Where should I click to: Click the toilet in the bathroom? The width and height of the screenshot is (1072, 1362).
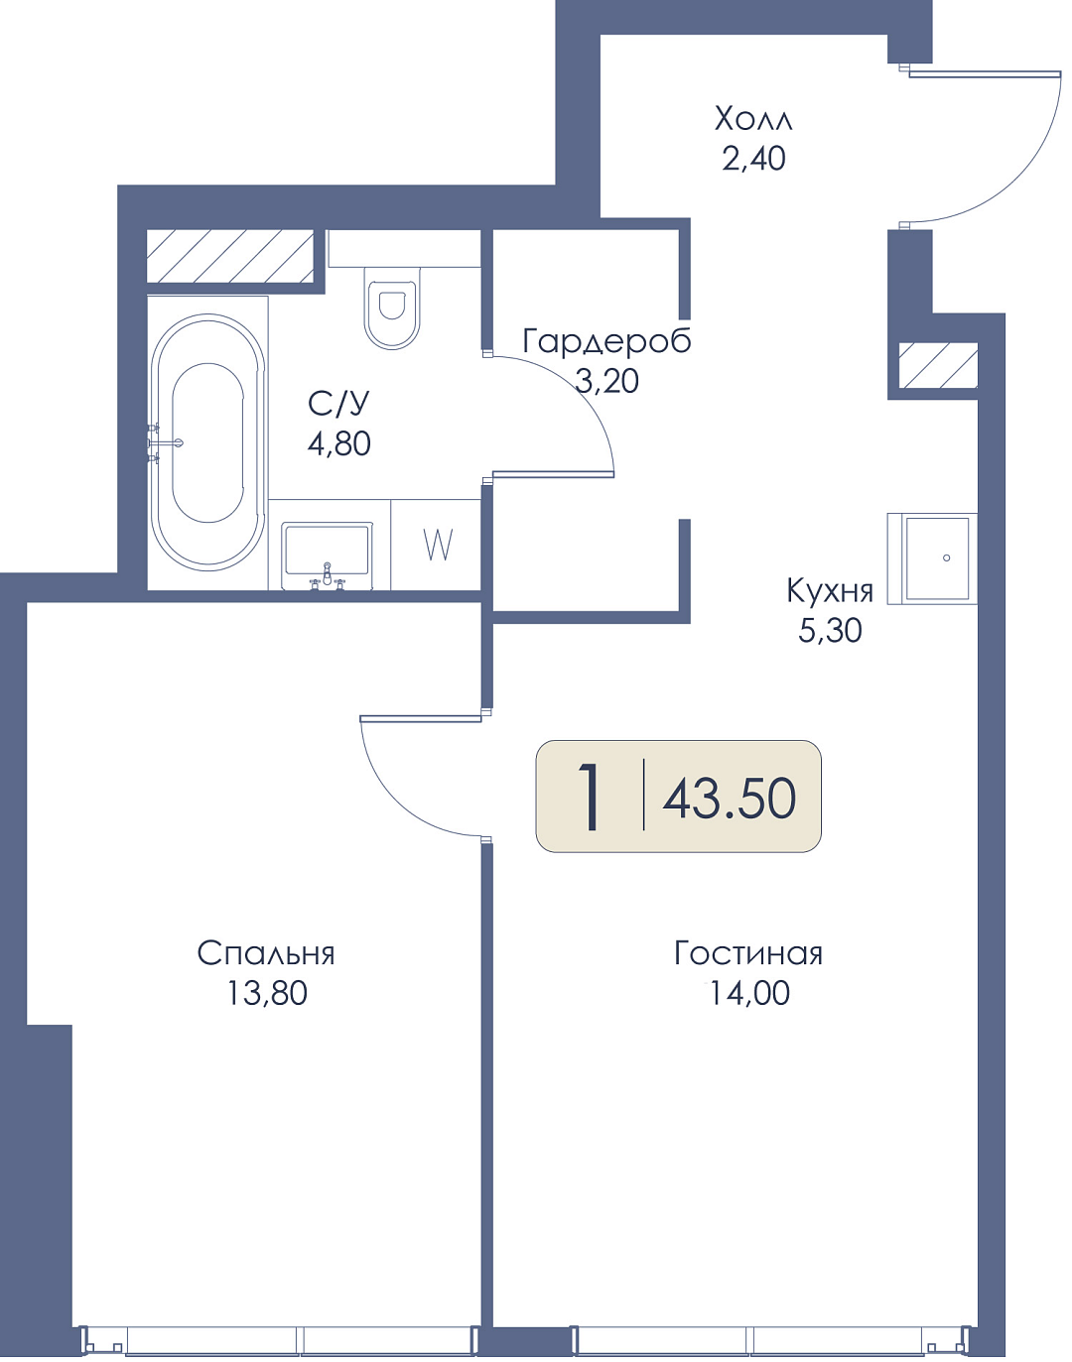pyautogui.click(x=393, y=308)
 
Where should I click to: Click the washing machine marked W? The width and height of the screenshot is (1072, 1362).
pyautogui.click(x=437, y=545)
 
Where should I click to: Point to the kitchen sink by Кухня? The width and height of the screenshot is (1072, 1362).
pyautogui.click(x=933, y=558)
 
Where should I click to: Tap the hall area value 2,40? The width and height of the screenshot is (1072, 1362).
pyautogui.click(x=753, y=159)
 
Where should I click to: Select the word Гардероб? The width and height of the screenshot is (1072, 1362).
pyautogui.click(x=606, y=342)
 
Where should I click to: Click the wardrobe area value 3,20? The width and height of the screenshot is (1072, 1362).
pyautogui.click(x=606, y=381)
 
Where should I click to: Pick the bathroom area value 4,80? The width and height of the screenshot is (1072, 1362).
pyautogui.click(x=338, y=443)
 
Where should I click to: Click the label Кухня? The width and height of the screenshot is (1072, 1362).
pyautogui.click(x=830, y=590)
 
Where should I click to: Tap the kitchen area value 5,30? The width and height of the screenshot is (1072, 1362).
pyautogui.click(x=830, y=630)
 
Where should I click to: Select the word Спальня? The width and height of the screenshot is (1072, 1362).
pyautogui.click(x=266, y=953)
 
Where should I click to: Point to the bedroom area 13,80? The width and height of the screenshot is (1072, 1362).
pyautogui.click(x=267, y=993)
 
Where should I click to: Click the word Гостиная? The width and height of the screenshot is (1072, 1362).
pyautogui.click(x=747, y=953)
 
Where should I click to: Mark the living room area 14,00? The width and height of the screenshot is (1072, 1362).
pyautogui.click(x=749, y=993)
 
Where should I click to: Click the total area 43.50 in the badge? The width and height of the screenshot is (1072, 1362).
pyautogui.click(x=729, y=799)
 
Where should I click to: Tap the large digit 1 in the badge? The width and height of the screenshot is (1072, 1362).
pyautogui.click(x=591, y=797)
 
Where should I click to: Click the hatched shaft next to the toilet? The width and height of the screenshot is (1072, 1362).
pyautogui.click(x=230, y=256)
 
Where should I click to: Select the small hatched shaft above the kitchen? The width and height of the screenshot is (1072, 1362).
pyautogui.click(x=938, y=365)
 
